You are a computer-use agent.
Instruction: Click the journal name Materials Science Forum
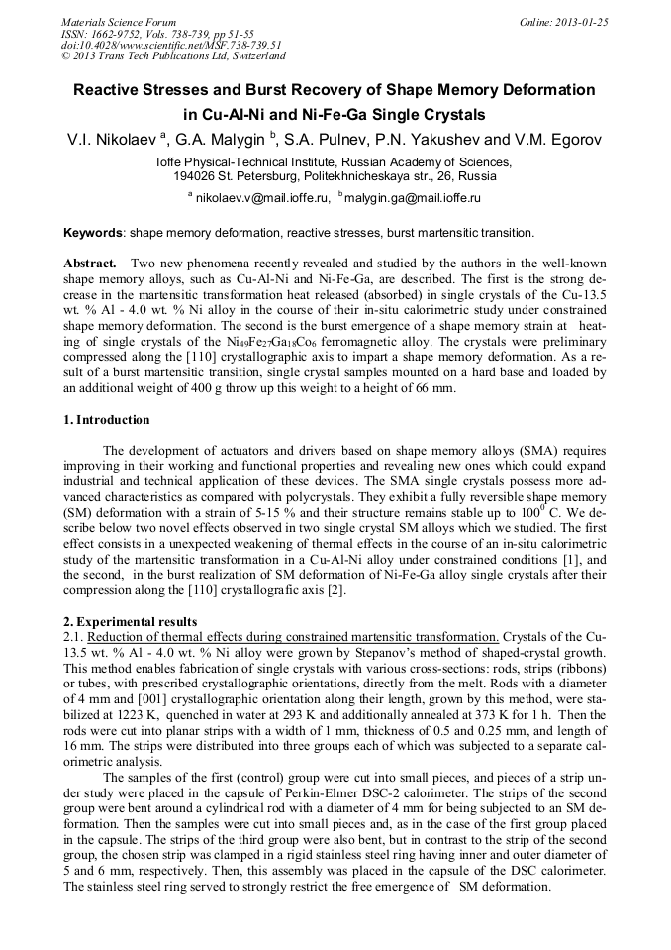[119, 22]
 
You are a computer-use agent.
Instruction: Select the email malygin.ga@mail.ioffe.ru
[412, 198]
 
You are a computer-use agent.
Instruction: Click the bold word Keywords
[93, 233]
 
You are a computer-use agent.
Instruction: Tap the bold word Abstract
[91, 264]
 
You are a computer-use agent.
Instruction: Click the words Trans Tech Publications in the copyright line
[159, 56]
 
